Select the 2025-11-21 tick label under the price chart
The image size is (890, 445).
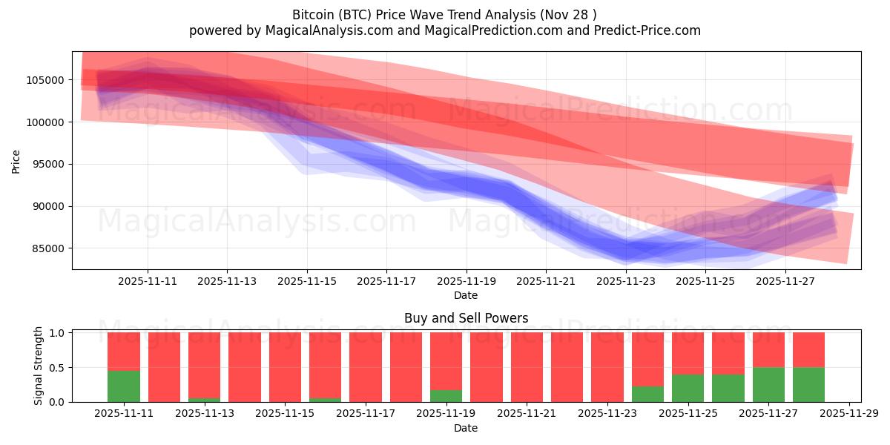[546, 282]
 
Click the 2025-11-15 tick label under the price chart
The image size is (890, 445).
[307, 282]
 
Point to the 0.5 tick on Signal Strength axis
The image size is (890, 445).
[57, 368]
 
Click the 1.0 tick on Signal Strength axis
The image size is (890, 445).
[57, 333]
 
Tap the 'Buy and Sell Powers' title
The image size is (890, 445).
[466, 318]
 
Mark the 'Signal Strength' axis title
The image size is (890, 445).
[38, 366]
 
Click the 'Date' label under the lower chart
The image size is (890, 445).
[466, 428]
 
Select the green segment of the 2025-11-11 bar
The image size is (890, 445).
[124, 386]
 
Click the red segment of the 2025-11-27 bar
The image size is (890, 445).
[768, 349]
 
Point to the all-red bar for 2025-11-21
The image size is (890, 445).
[527, 367]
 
